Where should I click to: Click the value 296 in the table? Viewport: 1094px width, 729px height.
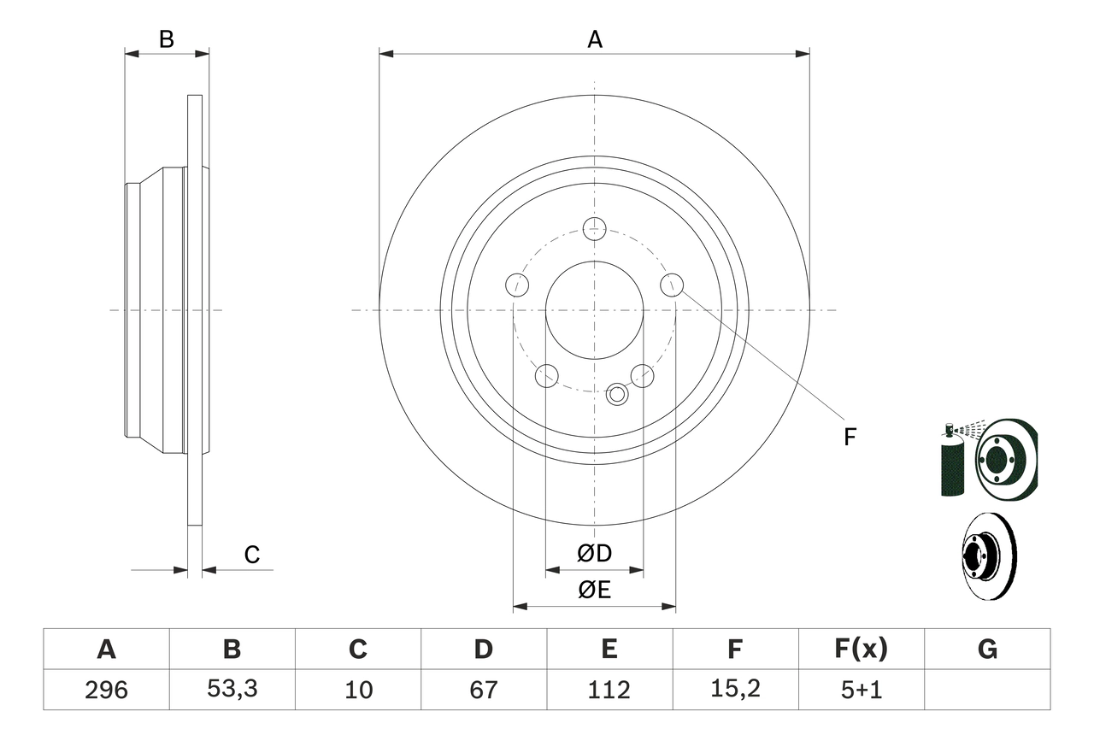coord(106,690)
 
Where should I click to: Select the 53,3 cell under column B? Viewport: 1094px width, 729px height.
coord(232,690)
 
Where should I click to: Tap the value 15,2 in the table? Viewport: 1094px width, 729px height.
coord(735,690)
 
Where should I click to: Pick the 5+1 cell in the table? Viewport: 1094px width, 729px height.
coord(861,690)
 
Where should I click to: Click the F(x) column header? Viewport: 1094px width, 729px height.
coord(861,650)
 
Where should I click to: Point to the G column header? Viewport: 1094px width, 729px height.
coord(987,650)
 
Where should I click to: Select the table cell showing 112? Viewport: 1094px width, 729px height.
coord(609,690)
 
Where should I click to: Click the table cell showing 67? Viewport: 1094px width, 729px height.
coord(483,690)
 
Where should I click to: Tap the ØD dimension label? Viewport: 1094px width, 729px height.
coord(595,554)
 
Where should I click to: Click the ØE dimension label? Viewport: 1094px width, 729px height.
coord(595,591)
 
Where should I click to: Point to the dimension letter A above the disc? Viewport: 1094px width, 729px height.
coord(594,39)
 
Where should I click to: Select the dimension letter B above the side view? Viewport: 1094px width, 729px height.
coord(167,39)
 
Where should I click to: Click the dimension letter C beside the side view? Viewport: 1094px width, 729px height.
coord(251,556)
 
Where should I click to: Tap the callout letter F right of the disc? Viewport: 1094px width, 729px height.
coord(849,437)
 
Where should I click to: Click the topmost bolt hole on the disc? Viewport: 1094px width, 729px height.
coord(594,229)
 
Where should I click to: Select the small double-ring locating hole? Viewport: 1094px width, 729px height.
coord(616,395)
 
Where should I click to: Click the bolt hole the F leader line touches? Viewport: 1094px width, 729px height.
coord(672,284)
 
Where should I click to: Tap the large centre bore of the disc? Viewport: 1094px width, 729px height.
coord(594,309)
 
